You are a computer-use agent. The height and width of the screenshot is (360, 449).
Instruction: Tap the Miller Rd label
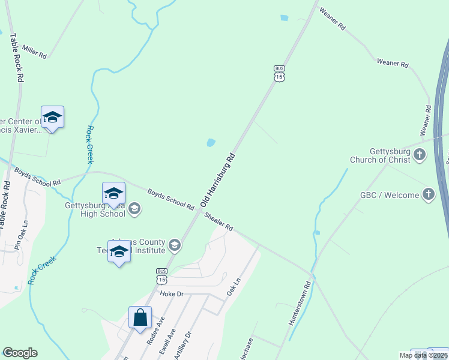point(34,51)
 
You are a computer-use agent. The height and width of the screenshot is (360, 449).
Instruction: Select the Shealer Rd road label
point(218,221)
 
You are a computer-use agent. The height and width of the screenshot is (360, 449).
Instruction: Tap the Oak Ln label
point(234,286)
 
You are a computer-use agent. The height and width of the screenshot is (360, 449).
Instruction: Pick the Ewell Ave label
point(167,341)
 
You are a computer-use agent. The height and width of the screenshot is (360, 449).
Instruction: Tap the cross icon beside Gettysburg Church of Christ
point(420,155)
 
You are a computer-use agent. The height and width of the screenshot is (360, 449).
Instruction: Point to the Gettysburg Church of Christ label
point(382,155)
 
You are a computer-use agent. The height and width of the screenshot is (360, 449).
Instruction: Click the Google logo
point(20,353)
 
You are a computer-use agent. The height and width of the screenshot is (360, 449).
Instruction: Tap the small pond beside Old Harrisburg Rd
point(211,143)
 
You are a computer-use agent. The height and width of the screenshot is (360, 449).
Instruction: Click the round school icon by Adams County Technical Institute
point(175,244)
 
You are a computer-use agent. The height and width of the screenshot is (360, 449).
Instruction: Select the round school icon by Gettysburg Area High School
point(134,208)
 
